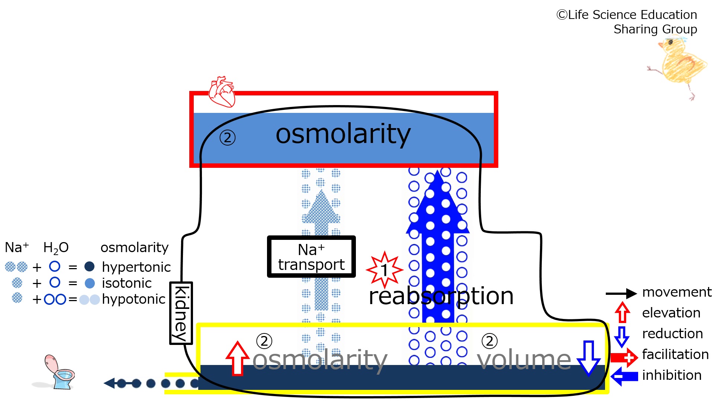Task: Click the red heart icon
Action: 222,92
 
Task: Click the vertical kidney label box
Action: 181,313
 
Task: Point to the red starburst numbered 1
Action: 385,270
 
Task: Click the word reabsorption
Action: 441,296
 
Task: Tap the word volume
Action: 524,359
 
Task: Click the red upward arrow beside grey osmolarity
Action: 237,358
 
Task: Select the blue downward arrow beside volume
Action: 588,358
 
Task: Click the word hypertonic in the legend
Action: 136,267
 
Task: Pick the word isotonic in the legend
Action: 127,283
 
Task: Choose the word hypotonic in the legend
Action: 134,299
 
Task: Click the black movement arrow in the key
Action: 621,294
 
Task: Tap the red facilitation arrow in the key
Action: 624,358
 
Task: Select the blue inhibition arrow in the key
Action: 624,376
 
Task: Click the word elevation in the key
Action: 671,313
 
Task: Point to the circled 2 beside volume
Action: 489,341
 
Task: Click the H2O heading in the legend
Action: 56,248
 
